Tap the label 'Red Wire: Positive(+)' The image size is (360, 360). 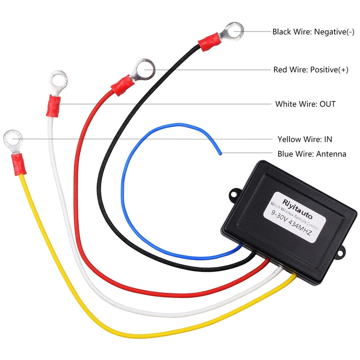(311, 70)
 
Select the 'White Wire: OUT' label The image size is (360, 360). (305, 104)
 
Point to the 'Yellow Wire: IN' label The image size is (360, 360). (305, 139)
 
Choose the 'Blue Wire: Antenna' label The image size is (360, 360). (312, 154)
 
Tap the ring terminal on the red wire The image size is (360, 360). (144, 68)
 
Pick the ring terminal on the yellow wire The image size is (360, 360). (13, 139)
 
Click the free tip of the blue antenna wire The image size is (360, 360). (221, 154)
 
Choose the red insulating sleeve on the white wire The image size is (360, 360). (53, 104)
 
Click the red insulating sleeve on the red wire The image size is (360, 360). (121, 85)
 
